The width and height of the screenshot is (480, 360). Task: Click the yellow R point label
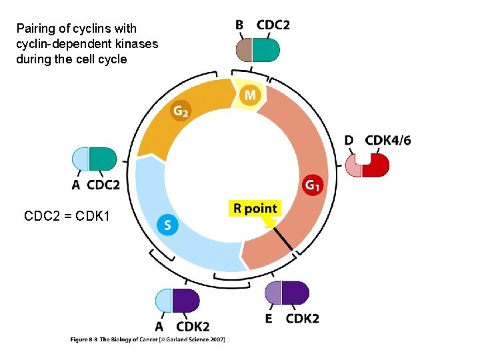pyautogui.click(x=255, y=209)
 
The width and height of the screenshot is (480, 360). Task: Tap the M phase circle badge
pyautogui.click(x=250, y=95)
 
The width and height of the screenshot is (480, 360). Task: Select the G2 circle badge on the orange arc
pyautogui.click(x=181, y=111)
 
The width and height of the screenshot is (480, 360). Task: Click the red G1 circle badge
pyautogui.click(x=312, y=185)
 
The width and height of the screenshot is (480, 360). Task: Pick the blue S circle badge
pyautogui.click(x=167, y=225)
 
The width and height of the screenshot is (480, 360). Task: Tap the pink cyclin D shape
pyautogui.click(x=353, y=165)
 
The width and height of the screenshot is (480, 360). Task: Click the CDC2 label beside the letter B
pyautogui.click(x=273, y=25)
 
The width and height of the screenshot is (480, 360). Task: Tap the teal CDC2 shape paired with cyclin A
pyautogui.click(x=103, y=159)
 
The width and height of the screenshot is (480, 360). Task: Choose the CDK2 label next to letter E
pyautogui.click(x=302, y=319)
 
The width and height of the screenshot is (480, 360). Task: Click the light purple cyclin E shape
pyautogui.click(x=273, y=293)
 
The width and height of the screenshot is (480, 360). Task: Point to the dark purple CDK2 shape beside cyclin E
pyautogui.click(x=295, y=293)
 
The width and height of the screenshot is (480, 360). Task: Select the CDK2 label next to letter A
pyautogui.click(x=193, y=327)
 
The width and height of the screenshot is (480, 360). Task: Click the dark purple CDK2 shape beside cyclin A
pyautogui.click(x=186, y=301)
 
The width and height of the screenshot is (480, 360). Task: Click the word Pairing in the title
pyautogui.click(x=35, y=29)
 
